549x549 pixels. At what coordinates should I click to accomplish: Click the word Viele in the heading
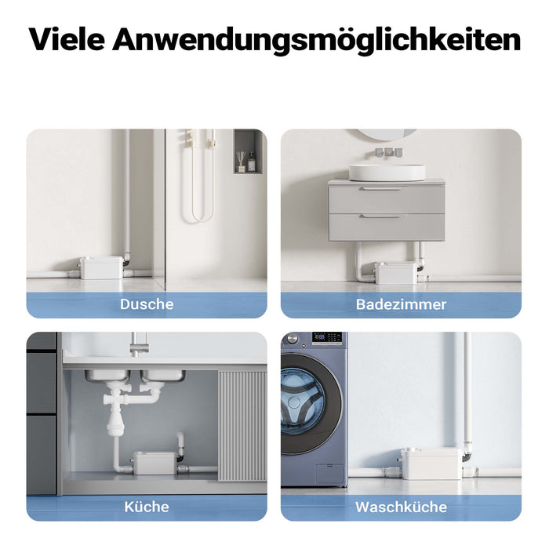click(66, 40)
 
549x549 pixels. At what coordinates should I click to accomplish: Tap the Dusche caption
click(147, 304)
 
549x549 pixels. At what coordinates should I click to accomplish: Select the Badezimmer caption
click(401, 304)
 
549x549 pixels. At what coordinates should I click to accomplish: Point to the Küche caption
click(147, 507)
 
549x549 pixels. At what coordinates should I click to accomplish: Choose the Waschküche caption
click(401, 507)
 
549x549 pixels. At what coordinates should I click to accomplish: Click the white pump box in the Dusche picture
click(101, 267)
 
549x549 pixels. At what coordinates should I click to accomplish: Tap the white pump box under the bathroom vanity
click(396, 273)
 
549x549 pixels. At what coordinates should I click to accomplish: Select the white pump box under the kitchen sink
click(154, 463)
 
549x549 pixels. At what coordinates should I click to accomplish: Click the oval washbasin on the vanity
click(387, 172)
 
